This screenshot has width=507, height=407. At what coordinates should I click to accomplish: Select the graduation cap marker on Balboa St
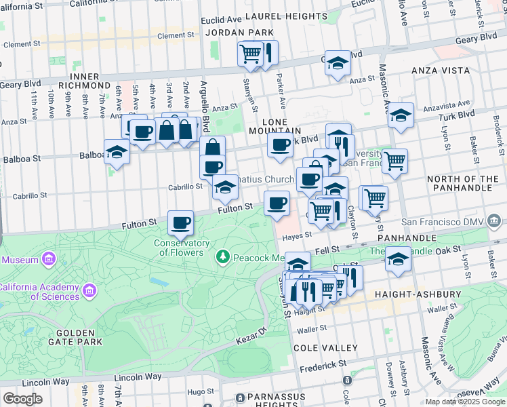117,152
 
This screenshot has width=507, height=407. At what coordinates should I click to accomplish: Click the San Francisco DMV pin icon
495,222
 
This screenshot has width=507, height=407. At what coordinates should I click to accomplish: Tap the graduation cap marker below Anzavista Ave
401,116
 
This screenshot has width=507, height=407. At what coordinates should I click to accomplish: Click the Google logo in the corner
22,398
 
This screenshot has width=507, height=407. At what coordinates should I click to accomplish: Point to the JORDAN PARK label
239,32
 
